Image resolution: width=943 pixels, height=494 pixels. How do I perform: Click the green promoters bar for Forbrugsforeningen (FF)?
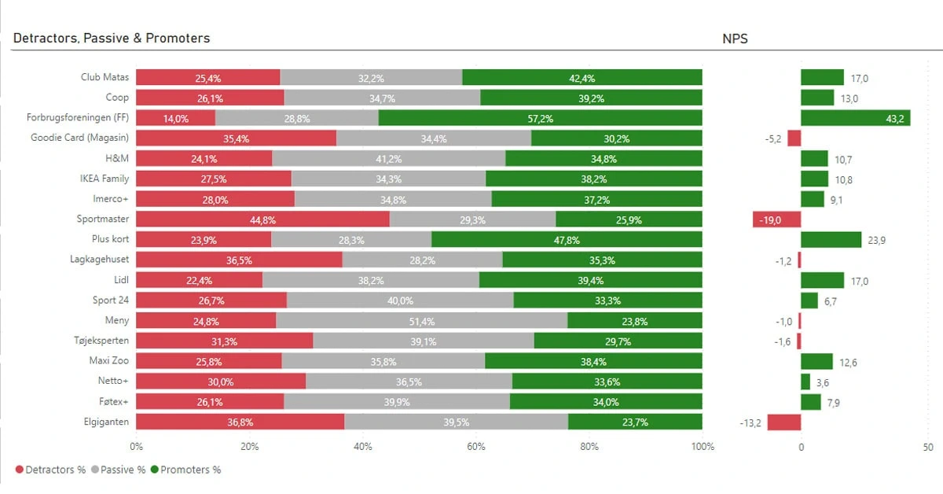(540, 118)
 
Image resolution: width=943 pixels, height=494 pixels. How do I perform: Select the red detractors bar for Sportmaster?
(262, 219)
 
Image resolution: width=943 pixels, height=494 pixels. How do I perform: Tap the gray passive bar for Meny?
(422, 321)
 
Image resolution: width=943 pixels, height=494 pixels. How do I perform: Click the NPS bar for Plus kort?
(831, 240)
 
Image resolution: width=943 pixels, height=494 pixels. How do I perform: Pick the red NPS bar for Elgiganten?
(783, 422)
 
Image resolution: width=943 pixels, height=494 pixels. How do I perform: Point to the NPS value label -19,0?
(769, 219)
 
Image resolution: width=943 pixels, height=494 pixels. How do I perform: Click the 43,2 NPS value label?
(895, 118)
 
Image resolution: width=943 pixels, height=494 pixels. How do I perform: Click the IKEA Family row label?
(105, 179)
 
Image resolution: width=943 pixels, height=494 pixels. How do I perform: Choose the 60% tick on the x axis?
(476, 447)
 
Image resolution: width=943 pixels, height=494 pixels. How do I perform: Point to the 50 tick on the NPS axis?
(928, 447)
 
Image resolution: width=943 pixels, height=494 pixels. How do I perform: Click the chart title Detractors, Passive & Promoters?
(112, 38)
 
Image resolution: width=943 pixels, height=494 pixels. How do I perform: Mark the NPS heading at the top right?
(735, 38)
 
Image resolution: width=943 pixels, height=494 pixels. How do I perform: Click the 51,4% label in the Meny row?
(422, 321)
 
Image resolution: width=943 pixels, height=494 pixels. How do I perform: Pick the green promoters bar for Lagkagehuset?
(602, 260)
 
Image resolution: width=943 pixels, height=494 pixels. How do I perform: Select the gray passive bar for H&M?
(388, 159)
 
